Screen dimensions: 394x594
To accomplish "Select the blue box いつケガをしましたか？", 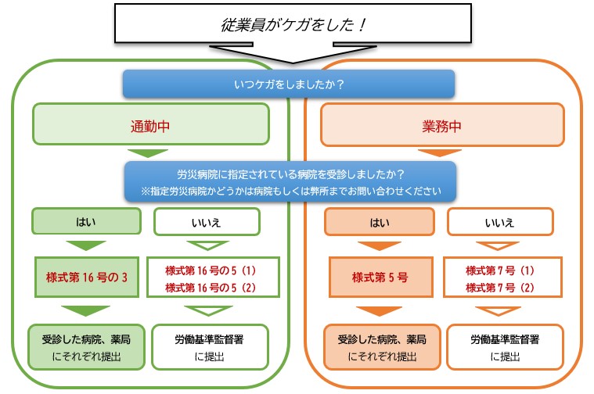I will [x=288, y=84].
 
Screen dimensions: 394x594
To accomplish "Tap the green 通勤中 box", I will [x=150, y=125].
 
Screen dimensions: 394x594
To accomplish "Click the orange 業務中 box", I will [x=443, y=125].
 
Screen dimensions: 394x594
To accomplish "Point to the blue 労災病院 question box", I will [x=290, y=181].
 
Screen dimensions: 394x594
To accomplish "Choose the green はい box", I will [x=86, y=222].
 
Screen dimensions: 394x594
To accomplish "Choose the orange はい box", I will [x=379, y=222].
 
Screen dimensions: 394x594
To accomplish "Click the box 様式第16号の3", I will [x=86, y=276].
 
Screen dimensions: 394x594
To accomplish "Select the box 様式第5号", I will [x=379, y=276].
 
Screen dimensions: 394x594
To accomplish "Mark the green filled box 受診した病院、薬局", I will [x=86, y=348].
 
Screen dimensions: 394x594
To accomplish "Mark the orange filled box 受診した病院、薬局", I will [x=379, y=348].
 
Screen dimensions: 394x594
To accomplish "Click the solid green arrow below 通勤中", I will [x=148, y=152].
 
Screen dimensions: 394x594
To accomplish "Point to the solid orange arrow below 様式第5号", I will [x=378, y=311].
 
